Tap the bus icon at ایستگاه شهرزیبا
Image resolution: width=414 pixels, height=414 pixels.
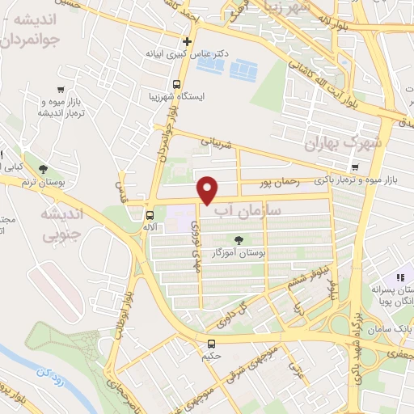(177, 85)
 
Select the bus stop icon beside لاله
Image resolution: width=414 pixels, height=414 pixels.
(150, 215)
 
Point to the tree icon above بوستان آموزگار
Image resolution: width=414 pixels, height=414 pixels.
(239, 239)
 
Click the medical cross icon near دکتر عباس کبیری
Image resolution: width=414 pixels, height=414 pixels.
(187, 41)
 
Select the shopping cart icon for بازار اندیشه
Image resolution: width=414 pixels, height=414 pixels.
(61, 90)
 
